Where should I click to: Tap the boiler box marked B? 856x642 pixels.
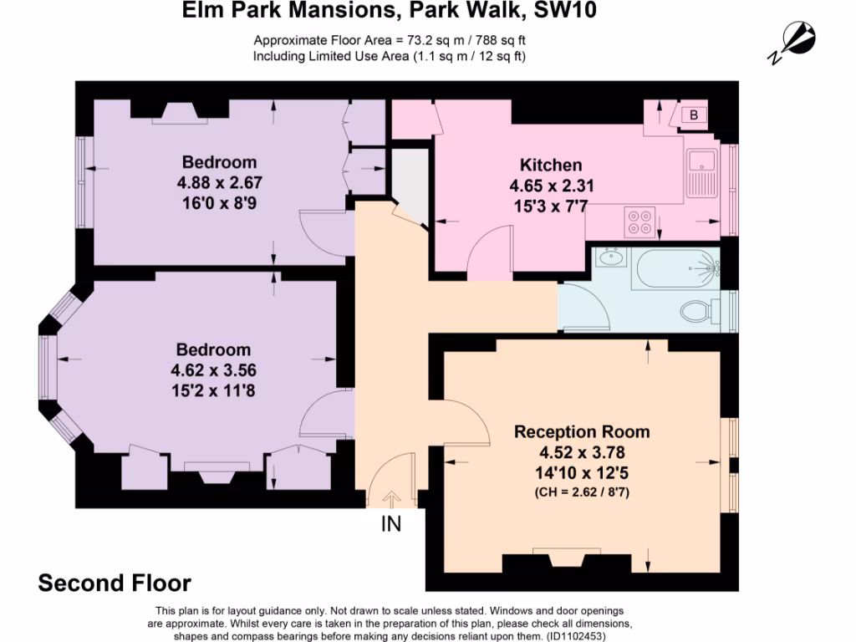[693, 115]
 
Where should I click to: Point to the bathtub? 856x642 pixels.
[676, 268]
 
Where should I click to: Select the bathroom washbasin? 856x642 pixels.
[608, 258]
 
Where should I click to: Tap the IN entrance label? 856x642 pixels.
[391, 525]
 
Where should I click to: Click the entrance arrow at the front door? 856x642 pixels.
[391, 499]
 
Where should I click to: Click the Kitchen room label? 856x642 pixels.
[551, 165]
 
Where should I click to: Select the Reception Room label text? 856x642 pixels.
[581, 432]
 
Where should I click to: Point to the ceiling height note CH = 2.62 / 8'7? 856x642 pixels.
[581, 493]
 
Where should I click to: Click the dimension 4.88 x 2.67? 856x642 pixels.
[220, 181]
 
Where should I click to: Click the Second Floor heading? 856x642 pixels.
[115, 583]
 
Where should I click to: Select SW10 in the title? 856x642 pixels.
[565, 12]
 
